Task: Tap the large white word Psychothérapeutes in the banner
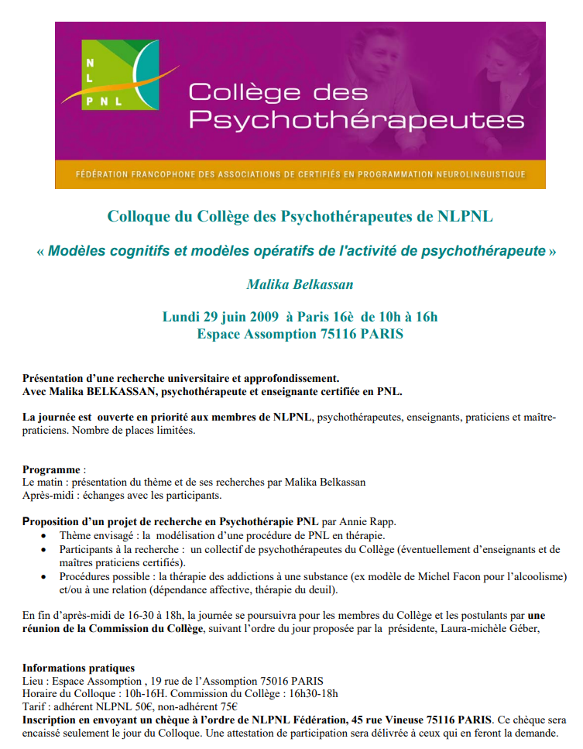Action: (356, 120)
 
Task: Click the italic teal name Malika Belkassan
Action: (300, 284)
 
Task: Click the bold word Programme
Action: (51, 469)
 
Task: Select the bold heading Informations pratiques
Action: (78, 668)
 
